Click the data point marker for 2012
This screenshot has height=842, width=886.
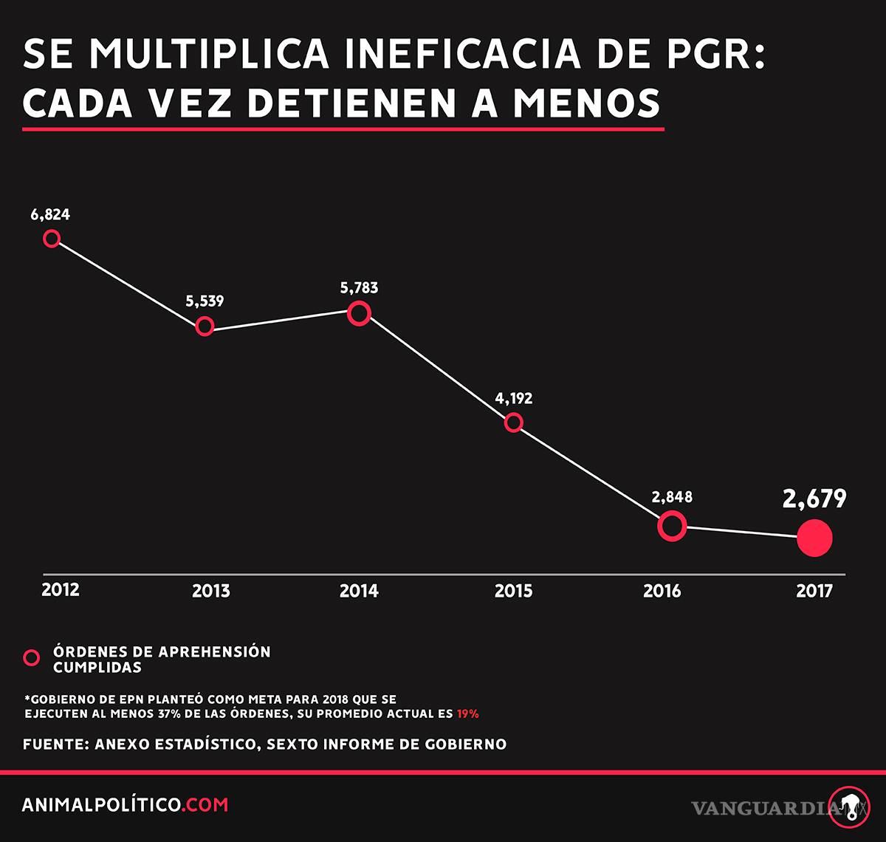pyautogui.click(x=52, y=239)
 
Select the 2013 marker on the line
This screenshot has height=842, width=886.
pyautogui.click(x=205, y=326)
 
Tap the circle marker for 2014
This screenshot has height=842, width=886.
pyautogui.click(x=359, y=314)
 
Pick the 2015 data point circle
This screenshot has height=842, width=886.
pyautogui.click(x=514, y=422)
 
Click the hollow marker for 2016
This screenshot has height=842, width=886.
pyautogui.click(x=672, y=526)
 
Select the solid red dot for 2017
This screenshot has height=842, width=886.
pyautogui.click(x=814, y=538)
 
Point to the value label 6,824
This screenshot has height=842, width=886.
pyautogui.click(x=50, y=215)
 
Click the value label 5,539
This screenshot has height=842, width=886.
pyautogui.click(x=205, y=301)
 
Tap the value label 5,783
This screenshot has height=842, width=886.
pyautogui.click(x=359, y=288)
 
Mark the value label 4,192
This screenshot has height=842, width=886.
pyautogui.click(x=513, y=399)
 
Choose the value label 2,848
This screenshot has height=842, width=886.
pyautogui.click(x=672, y=497)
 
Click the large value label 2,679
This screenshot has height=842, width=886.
pyautogui.click(x=814, y=500)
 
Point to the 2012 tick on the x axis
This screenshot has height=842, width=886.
pyautogui.click(x=61, y=590)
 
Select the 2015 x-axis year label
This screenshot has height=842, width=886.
pyautogui.click(x=513, y=592)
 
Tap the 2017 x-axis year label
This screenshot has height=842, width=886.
pyautogui.click(x=814, y=592)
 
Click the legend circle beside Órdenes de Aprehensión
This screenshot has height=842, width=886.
pyautogui.click(x=32, y=658)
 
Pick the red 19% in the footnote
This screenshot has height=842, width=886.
pyautogui.click(x=467, y=714)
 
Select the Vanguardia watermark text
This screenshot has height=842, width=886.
pyautogui.click(x=765, y=808)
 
